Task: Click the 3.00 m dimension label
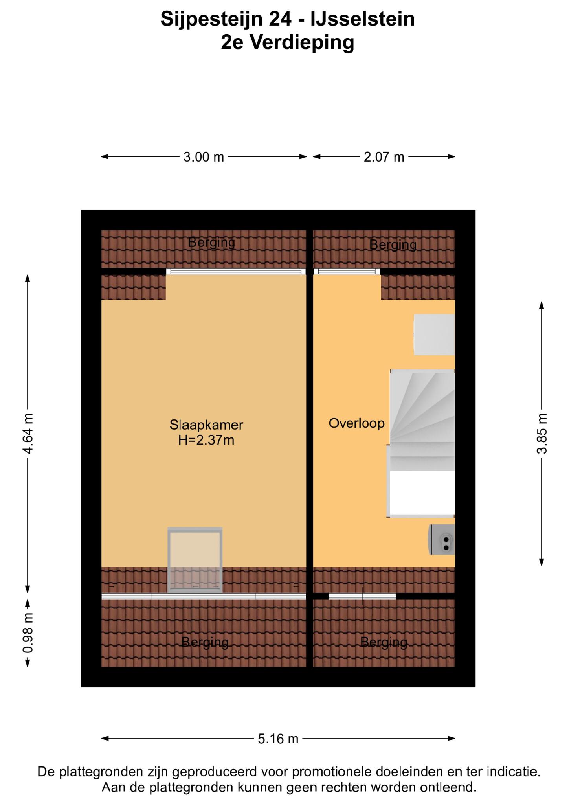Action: coord(204,157)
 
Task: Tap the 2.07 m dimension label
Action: coord(384,157)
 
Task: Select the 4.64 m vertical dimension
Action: coord(28,433)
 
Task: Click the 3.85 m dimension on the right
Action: coord(542,433)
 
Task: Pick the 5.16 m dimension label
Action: coord(278,739)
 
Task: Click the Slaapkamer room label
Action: coord(206,425)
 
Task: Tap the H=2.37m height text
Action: coord(206,440)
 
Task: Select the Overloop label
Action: coord(356,423)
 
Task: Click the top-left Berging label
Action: coord(211,243)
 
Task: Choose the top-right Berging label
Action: coord(393,245)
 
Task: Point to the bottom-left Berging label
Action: coord(205,643)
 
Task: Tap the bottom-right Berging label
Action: coord(384,643)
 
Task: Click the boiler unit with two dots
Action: coord(442,540)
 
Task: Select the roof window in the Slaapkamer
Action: coord(195,560)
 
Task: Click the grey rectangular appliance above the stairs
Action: coord(434,334)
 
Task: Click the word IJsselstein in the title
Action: coord(363,19)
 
